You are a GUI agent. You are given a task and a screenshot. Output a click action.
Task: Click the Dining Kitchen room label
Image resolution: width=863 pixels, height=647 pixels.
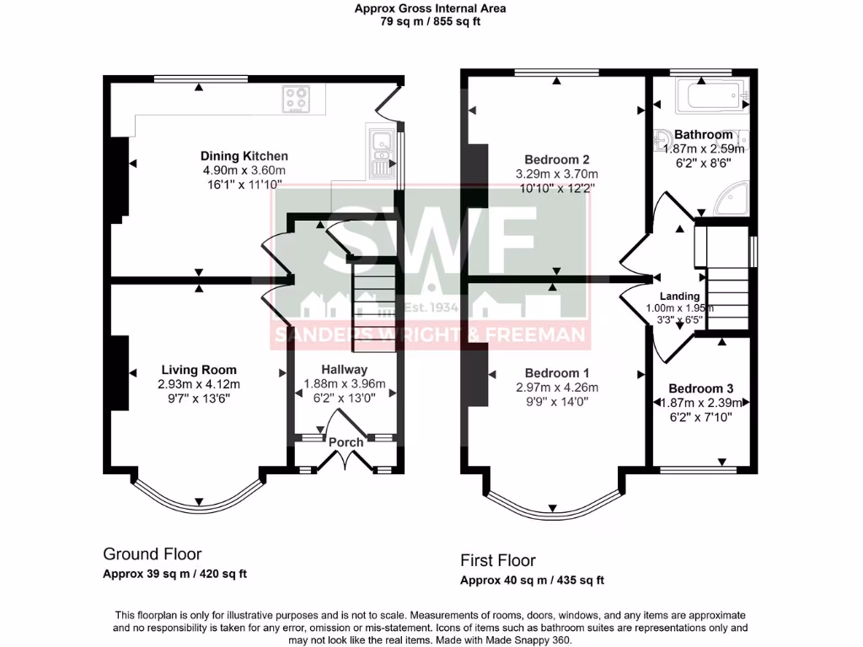244,156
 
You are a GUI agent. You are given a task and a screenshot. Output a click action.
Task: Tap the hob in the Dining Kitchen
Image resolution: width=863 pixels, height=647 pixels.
295,100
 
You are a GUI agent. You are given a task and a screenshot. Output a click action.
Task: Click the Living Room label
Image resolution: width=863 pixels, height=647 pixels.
199,370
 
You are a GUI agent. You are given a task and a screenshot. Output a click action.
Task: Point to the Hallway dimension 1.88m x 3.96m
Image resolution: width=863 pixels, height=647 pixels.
344,384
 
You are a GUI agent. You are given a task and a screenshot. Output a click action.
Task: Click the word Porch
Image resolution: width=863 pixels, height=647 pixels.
346,442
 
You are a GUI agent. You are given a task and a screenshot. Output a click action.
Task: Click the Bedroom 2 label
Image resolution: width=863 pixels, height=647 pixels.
556,159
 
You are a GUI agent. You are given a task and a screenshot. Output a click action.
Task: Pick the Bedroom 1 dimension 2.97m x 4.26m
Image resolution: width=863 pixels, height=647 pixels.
556,388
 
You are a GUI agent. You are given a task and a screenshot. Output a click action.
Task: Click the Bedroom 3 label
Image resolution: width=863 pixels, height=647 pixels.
700,388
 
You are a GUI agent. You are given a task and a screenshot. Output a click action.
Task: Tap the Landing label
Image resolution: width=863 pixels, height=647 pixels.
679,297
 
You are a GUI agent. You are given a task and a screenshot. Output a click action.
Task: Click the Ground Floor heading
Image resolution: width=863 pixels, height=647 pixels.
152,553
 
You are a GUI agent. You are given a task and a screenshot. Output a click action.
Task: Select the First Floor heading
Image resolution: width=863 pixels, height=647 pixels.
497,560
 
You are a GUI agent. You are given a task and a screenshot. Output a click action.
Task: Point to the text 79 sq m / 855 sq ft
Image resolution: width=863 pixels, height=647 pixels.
431,22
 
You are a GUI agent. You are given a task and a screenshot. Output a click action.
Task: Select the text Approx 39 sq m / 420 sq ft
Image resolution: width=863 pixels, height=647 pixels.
175,574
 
